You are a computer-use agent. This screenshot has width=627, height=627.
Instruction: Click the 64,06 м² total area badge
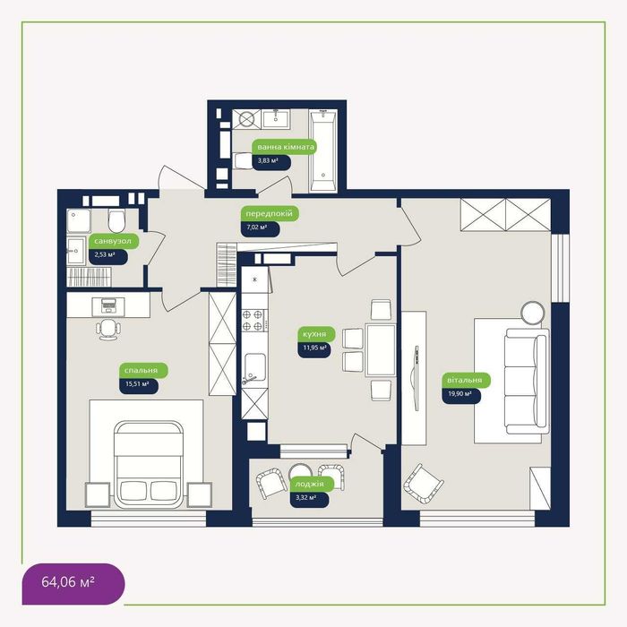[x=73, y=583]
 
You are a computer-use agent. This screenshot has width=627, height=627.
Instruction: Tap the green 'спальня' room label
[x=143, y=371]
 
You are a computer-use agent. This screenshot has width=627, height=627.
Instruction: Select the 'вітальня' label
[x=466, y=381]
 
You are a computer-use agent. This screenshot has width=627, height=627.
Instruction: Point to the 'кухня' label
[x=316, y=334]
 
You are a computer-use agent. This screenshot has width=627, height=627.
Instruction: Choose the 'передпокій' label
[x=270, y=214]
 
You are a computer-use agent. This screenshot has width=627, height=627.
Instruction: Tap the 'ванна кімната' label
[x=284, y=147]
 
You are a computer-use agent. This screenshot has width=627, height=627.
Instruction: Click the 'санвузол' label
[x=114, y=242]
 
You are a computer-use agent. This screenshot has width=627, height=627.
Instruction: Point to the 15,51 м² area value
[x=138, y=385]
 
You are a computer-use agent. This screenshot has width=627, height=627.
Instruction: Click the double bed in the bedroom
[x=149, y=465]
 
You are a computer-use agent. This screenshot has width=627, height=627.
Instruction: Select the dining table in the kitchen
[x=381, y=350]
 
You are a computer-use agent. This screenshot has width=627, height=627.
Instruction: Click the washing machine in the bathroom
[x=246, y=119]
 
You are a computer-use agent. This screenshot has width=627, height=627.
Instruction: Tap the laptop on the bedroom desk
[x=108, y=305]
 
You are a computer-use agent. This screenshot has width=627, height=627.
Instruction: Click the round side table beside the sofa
[x=533, y=313]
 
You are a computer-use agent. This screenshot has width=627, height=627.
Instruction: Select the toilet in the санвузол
[x=116, y=220]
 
